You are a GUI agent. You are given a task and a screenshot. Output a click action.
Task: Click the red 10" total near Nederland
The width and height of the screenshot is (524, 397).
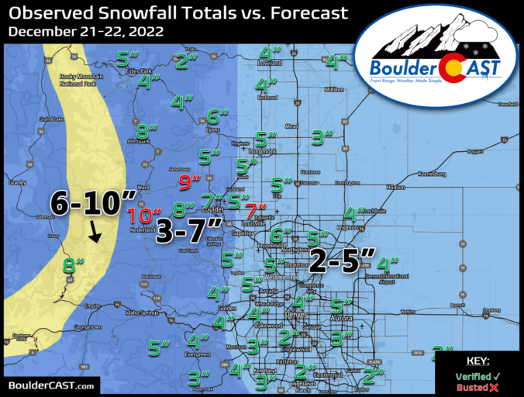[145, 216]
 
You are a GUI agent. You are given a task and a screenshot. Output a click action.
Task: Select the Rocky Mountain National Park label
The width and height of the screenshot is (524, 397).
[78, 81]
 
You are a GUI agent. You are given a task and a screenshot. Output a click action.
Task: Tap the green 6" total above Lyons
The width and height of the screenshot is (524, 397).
[219, 117]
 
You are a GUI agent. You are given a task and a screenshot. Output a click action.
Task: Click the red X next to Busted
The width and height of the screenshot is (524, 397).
[494, 386]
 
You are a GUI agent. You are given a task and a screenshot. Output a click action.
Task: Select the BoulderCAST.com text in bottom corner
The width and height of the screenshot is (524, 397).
[52, 385]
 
